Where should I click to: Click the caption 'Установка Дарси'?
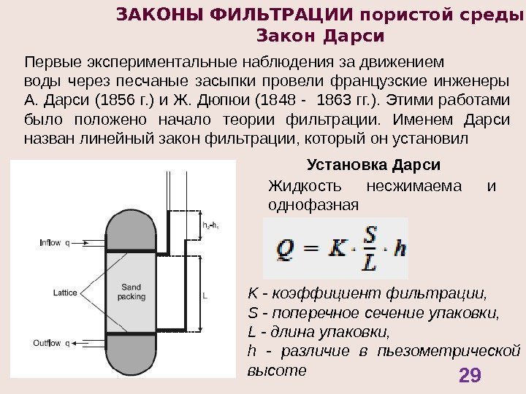(x=376, y=164)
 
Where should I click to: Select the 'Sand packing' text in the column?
(x=131, y=292)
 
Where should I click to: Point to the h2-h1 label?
(x=210, y=225)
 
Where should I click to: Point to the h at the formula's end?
(x=399, y=249)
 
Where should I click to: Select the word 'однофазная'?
(x=314, y=204)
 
